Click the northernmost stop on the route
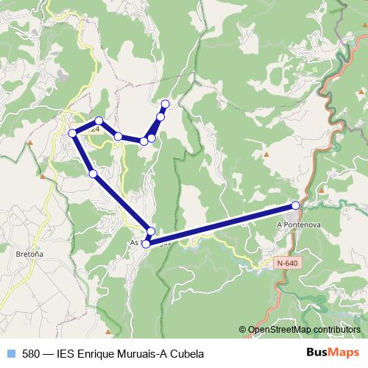tap(165, 104)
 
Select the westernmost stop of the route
tap(73, 133)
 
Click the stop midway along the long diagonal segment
tap(93, 174)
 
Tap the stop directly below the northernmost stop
tap(160, 117)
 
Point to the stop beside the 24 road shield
tap(99, 121)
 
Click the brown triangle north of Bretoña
tap(43, 177)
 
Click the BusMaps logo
tap(333, 353)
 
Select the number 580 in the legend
tap(31, 353)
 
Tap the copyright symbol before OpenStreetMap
tap(243, 329)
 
